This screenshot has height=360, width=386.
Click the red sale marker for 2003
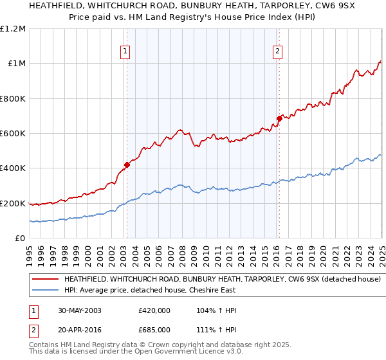coord(127,165)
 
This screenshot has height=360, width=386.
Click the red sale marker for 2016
coord(279,118)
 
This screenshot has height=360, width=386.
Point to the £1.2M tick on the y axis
coord(14,29)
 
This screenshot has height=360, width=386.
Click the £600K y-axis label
coord(13,134)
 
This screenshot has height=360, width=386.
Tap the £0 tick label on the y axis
coord(19,239)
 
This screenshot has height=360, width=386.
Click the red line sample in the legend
coord(45,280)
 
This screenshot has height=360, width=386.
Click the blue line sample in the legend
coord(45,291)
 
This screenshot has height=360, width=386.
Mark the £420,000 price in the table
coord(154,310)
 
